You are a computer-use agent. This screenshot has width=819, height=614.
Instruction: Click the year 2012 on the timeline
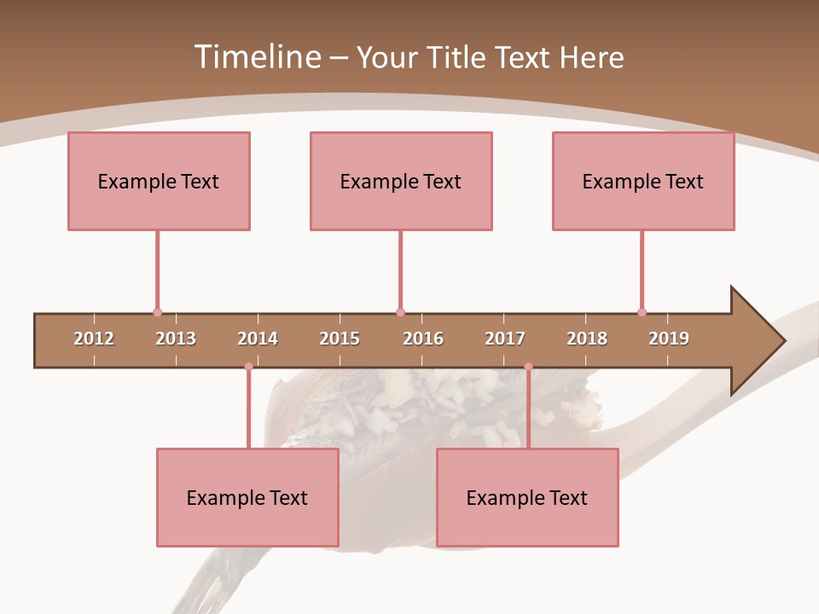point(94,339)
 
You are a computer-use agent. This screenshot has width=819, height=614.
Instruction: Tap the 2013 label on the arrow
point(176,339)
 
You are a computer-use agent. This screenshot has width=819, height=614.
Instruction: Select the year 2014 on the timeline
point(258,339)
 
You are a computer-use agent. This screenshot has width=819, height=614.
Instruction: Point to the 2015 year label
point(340,339)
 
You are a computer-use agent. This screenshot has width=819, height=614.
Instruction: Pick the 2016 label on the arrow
point(423,339)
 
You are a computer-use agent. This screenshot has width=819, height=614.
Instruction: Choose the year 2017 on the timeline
point(505,339)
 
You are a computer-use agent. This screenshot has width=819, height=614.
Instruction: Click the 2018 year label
point(587,339)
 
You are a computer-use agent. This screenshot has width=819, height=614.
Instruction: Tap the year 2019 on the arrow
point(669,339)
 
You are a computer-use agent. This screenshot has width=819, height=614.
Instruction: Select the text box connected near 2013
point(159,181)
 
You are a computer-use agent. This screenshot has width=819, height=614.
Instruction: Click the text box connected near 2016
point(401,181)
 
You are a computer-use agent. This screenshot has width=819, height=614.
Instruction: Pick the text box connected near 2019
point(643,181)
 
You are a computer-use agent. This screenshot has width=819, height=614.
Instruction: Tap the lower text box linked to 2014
point(247,497)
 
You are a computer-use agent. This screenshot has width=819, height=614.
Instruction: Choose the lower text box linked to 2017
point(527,497)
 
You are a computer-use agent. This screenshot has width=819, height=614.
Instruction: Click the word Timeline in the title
point(255,57)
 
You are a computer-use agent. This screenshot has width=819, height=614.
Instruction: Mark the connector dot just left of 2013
point(157,313)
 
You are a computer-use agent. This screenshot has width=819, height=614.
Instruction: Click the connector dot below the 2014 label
point(248,367)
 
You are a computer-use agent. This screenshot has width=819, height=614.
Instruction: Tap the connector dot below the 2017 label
point(528,367)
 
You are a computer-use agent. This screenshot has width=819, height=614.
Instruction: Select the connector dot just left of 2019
point(642,313)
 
